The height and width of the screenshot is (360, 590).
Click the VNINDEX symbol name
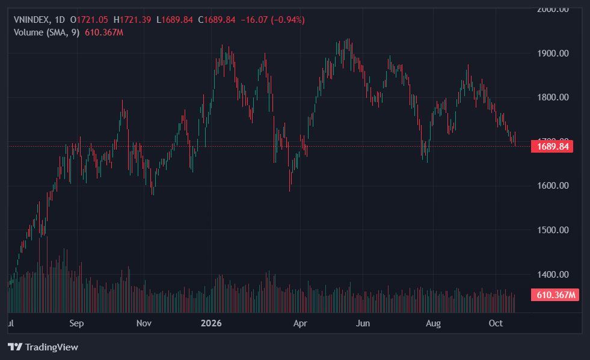click(x=31, y=20)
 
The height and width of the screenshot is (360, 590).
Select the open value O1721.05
click(x=89, y=20)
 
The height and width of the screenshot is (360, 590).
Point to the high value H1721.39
click(x=132, y=20)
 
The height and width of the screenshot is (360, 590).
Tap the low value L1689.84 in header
click(x=174, y=20)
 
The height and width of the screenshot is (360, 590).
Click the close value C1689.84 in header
click(x=217, y=20)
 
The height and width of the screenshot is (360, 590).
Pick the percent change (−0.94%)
click(x=288, y=20)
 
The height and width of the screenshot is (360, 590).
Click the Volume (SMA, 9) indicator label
click(x=47, y=32)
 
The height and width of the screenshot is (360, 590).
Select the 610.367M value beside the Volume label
click(x=104, y=32)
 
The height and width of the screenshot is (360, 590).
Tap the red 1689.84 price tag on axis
click(x=552, y=146)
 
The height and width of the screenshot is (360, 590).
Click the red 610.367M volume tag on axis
click(x=555, y=295)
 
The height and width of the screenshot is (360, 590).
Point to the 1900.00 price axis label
click(x=553, y=53)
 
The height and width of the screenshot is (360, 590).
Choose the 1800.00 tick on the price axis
click(x=553, y=97)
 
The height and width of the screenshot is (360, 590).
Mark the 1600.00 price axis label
click(x=553, y=186)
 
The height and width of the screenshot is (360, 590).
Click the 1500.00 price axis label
click(x=553, y=230)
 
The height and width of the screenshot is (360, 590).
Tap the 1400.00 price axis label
click(x=553, y=275)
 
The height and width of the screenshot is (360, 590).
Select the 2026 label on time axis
click(x=211, y=323)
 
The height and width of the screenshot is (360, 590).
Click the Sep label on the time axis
click(x=76, y=323)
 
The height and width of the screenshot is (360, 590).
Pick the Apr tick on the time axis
click(x=300, y=323)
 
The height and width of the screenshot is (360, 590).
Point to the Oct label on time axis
click(x=496, y=323)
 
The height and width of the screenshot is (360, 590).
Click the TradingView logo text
click(x=52, y=347)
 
